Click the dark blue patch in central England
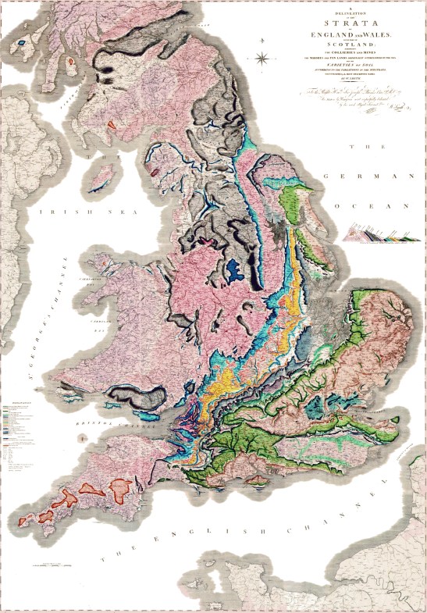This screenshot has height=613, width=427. click(235, 270)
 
